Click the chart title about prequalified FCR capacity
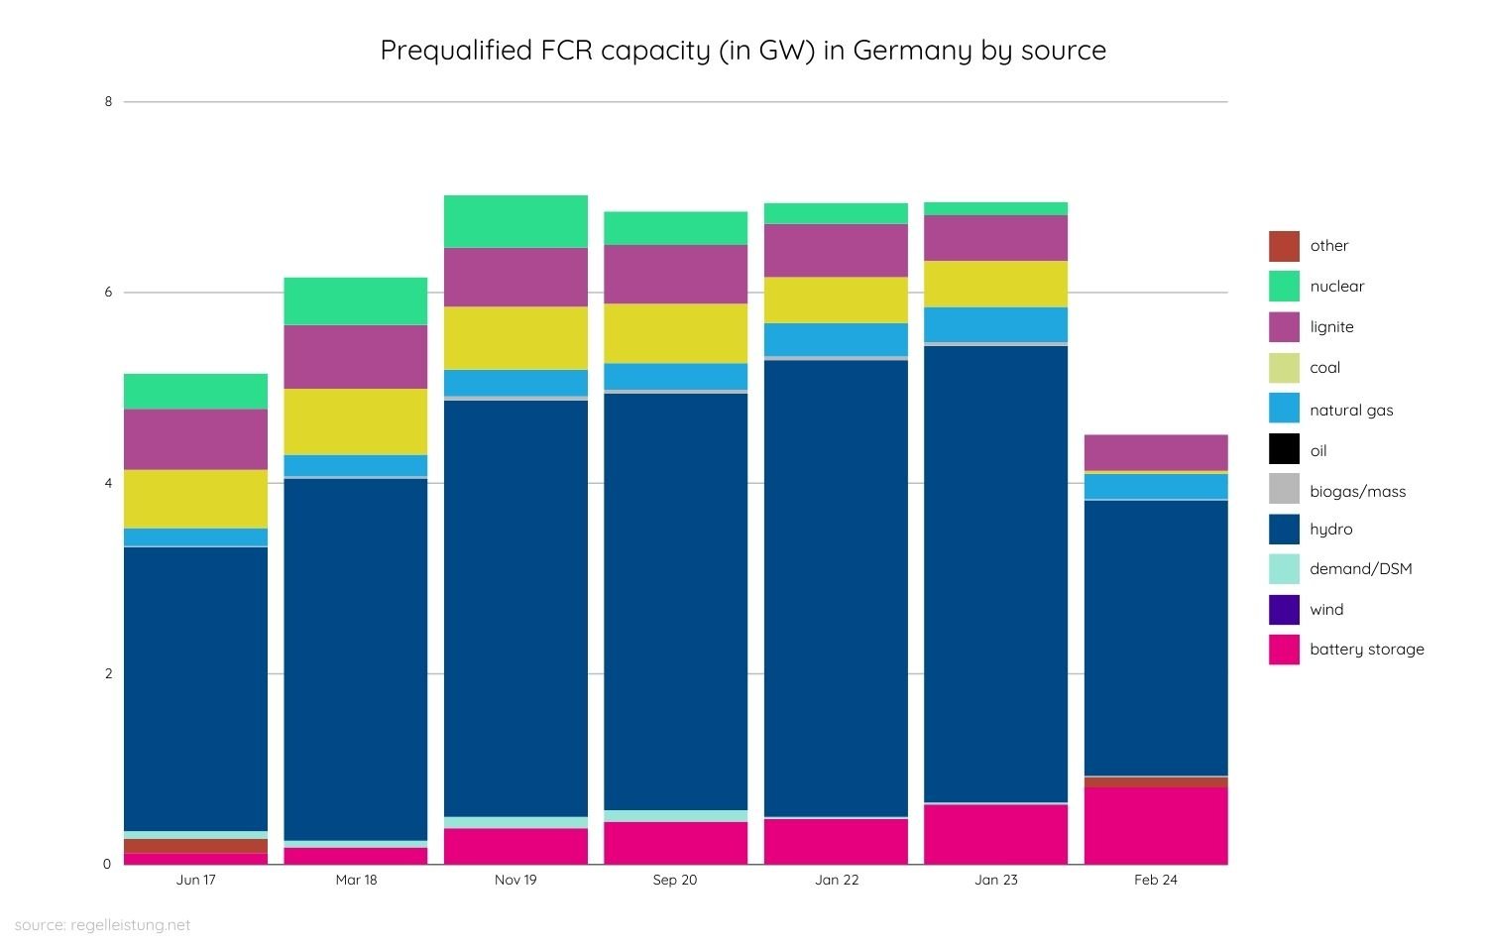pyautogui.click(x=743, y=51)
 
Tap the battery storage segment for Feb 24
pyautogui.click(x=1156, y=825)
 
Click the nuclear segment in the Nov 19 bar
pyautogui.click(x=515, y=221)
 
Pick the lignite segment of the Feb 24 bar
pyautogui.click(x=1156, y=452)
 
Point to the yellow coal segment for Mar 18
pyautogui.click(x=356, y=421)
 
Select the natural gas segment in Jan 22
pyautogui.click(x=836, y=339)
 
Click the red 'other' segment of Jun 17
pyautogui.click(x=195, y=846)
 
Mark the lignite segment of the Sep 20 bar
pyautogui.click(x=675, y=274)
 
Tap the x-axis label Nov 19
pyautogui.click(x=515, y=880)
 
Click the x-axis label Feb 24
pyautogui.click(x=1156, y=880)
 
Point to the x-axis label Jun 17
pyautogui.click(x=195, y=880)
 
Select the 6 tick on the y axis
pyautogui.click(x=108, y=293)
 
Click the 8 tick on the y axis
pyautogui.click(x=108, y=101)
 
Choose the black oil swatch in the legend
pyautogui.click(x=1284, y=449)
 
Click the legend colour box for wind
pyautogui.click(x=1284, y=609)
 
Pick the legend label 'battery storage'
pyautogui.click(x=1366, y=650)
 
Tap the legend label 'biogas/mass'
pyautogui.click(x=1357, y=491)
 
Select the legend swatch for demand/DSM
pyautogui.click(x=1284, y=568)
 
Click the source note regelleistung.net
pyautogui.click(x=102, y=925)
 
